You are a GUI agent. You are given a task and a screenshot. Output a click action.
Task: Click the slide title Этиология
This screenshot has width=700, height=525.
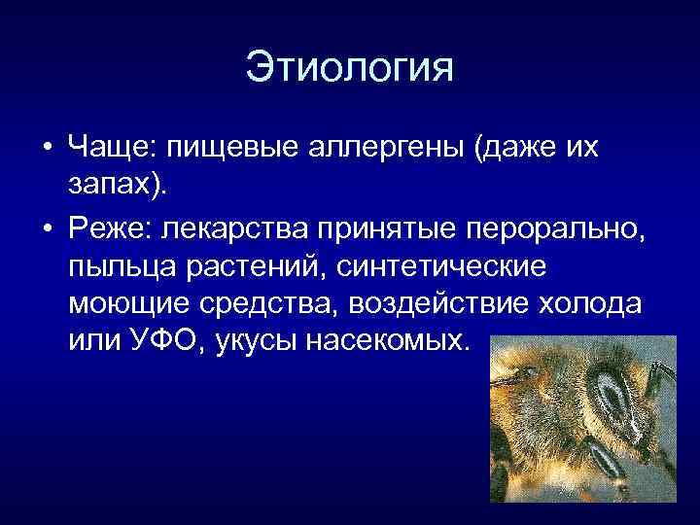350,68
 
